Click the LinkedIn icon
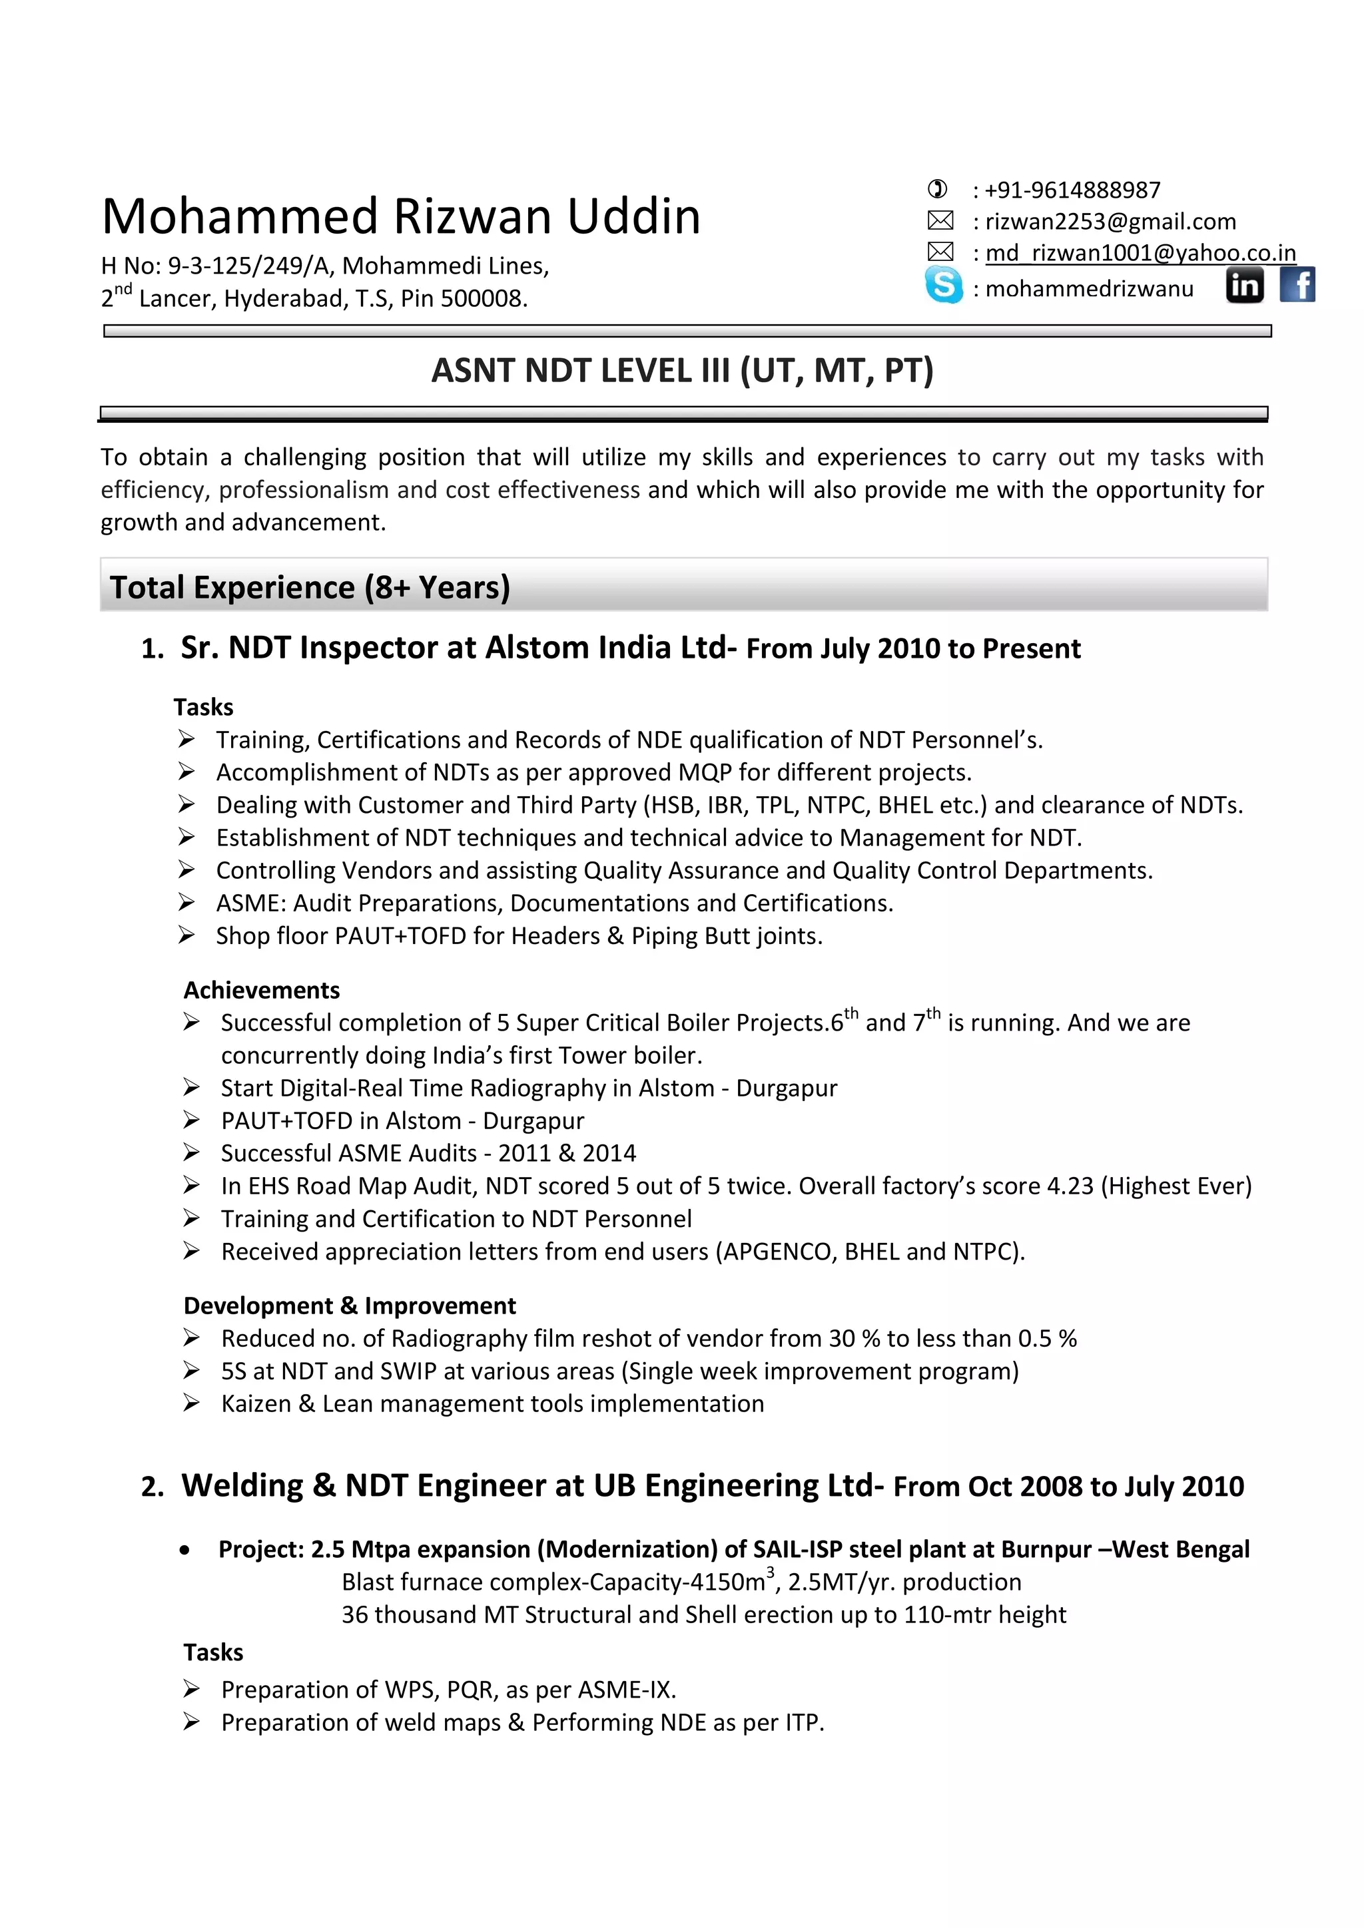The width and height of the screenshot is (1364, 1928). coord(1245,286)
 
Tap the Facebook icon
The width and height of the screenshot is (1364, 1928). coord(1297,285)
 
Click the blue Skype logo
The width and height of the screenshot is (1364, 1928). coord(943,285)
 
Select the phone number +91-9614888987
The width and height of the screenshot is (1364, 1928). coord(1072,190)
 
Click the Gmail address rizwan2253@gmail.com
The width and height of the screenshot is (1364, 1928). coord(1110,222)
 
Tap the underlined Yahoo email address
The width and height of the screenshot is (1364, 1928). coord(1140,253)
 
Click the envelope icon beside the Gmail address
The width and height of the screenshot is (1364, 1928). coord(940,221)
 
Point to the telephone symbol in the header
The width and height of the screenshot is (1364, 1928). coord(937,189)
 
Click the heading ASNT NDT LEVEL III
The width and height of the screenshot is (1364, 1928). coord(681,370)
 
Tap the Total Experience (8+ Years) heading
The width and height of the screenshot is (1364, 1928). coord(310,587)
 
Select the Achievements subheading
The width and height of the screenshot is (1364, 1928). coord(261,990)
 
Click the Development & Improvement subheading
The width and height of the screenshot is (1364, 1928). coord(350,1306)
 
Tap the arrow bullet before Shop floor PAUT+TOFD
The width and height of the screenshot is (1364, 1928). coord(186,935)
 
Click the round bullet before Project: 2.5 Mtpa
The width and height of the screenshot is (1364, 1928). coord(184,1550)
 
